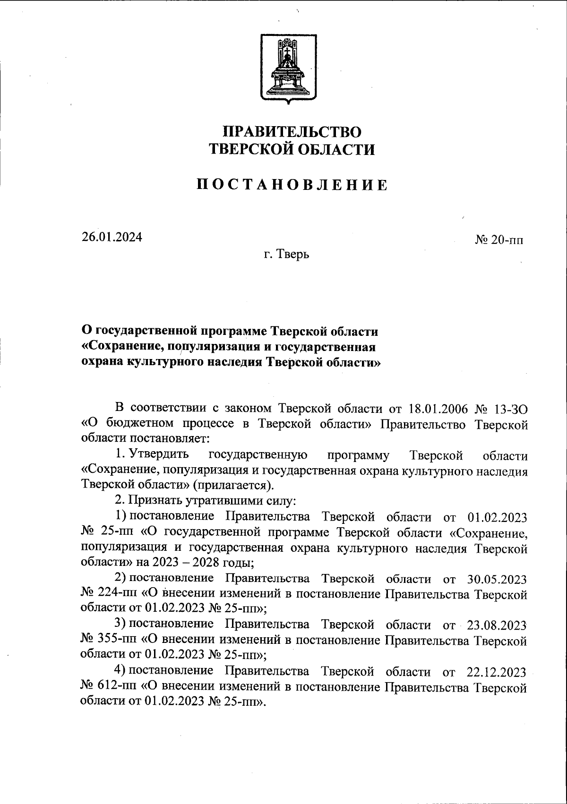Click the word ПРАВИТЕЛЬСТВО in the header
pyautogui.click(x=292, y=131)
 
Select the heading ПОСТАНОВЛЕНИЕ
pyautogui.click(x=292, y=185)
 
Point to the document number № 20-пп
pyautogui.click(x=499, y=240)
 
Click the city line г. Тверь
pyautogui.click(x=287, y=255)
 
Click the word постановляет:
pyautogui.click(x=167, y=439)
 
